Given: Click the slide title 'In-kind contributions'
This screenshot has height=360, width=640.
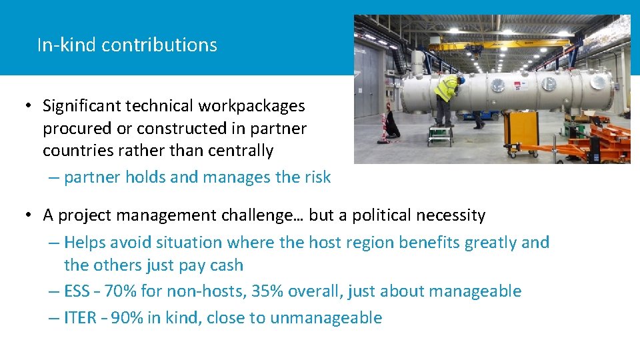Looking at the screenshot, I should click(x=127, y=45).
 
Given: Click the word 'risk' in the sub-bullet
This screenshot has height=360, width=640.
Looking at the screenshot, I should click(x=317, y=177).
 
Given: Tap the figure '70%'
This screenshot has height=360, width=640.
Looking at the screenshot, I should click(x=119, y=291).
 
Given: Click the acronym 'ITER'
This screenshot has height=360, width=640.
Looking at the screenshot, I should click(x=80, y=318).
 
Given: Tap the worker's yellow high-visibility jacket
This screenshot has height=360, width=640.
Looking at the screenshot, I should click(x=446, y=89).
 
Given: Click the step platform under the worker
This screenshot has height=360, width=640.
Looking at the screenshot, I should click(x=441, y=134).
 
